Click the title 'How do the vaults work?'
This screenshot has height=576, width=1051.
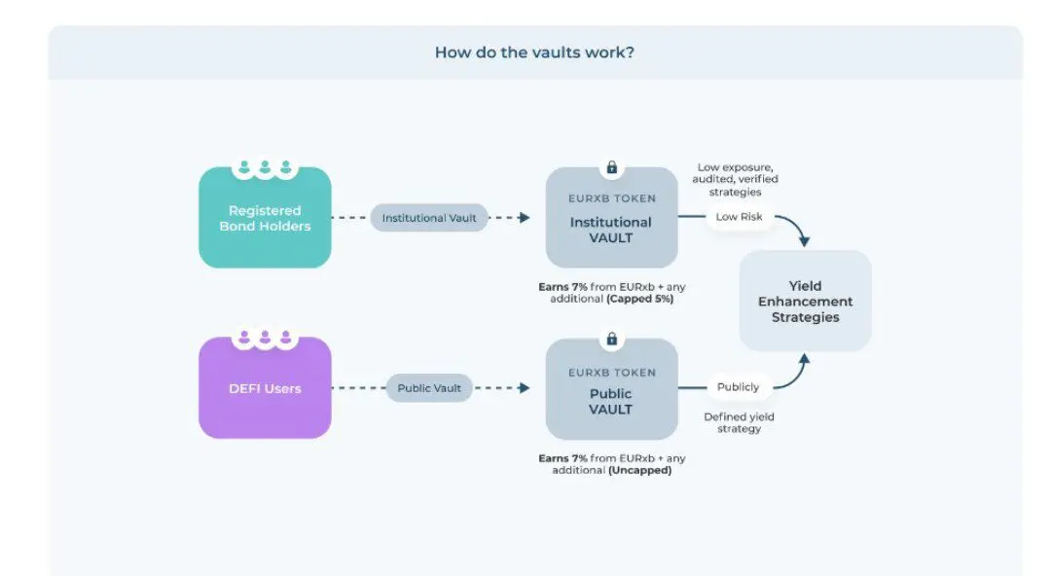point(534,53)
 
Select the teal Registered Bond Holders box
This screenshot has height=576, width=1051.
point(265,217)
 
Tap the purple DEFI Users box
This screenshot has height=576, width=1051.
point(265,387)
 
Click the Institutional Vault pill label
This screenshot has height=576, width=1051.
point(429,218)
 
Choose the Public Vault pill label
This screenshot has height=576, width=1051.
point(429,388)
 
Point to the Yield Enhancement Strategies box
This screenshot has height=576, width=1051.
point(805,301)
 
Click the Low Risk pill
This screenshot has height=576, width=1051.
point(739,217)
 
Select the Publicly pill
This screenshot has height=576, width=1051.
point(738,387)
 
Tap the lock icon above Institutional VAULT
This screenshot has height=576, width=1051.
point(612,167)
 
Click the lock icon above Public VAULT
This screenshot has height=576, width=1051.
point(612,339)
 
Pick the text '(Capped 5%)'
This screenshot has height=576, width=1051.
point(640,299)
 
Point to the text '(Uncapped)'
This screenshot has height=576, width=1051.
point(640,471)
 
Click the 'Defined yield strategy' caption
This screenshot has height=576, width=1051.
point(739,422)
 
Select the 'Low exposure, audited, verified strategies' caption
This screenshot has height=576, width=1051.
point(736,180)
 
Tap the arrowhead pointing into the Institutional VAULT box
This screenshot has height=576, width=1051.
point(525,218)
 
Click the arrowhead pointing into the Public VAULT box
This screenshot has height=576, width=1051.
point(525,388)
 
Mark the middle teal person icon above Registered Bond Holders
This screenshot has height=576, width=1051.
point(265,166)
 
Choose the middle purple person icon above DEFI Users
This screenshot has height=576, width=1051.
point(265,337)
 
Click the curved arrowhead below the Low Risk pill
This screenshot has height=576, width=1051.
point(805,241)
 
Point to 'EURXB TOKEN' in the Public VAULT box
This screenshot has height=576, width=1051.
point(612,373)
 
